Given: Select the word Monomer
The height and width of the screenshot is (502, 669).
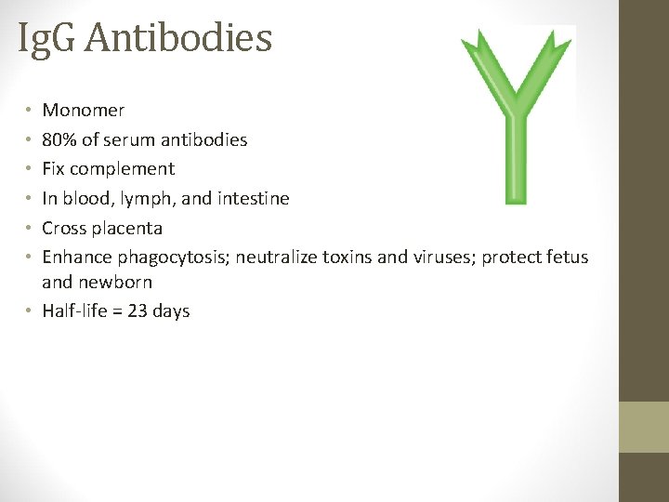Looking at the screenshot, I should point(84,111).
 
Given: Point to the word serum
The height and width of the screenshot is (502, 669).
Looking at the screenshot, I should point(127,140).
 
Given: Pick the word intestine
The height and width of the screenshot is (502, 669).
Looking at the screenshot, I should point(254,199).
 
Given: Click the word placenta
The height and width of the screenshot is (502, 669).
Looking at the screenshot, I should point(128,229).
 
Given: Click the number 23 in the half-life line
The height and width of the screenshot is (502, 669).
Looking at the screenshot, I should point(138,311).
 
